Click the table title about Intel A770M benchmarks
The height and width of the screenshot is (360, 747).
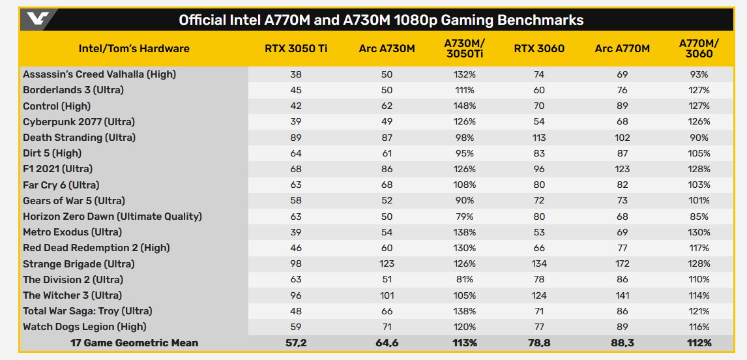381,20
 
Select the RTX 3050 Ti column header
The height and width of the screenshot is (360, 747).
295,49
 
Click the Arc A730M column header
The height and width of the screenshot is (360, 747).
387,49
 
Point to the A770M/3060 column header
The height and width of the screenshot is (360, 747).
699,49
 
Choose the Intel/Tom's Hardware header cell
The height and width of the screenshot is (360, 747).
134,49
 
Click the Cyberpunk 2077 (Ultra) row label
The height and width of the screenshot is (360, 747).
79,122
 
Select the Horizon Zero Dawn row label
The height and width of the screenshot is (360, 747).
112,217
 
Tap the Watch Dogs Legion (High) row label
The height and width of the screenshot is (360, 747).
85,327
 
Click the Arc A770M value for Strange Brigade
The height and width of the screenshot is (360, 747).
622,264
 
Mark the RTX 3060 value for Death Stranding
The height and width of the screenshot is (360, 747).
538,138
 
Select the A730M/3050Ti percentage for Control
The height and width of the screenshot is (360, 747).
464,106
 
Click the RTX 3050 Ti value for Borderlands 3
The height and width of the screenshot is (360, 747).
295,90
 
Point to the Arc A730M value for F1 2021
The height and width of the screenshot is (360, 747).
387,170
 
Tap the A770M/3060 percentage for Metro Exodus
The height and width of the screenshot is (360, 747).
699,232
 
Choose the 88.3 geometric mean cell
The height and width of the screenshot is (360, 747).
622,342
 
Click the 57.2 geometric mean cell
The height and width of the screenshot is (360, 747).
295,342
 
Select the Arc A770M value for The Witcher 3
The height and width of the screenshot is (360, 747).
622,295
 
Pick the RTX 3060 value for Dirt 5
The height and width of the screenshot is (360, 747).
538,153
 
